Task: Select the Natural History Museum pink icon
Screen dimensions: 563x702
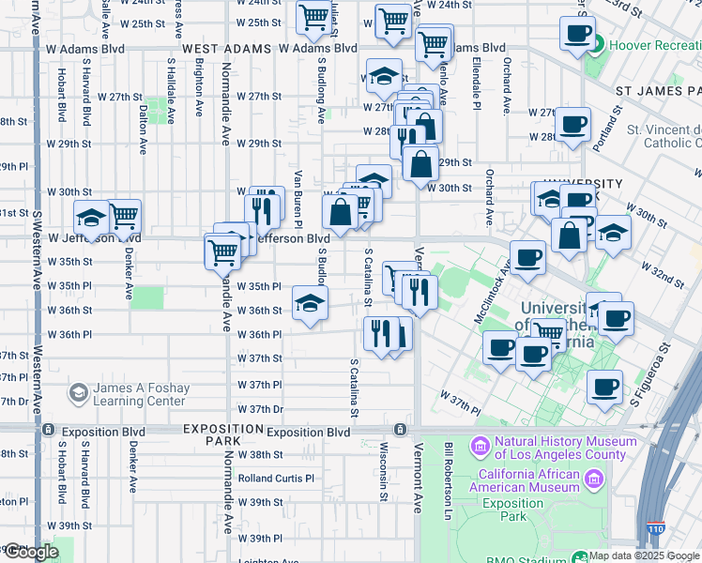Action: point(481,444)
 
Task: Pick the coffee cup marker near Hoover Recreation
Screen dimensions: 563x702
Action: point(578,34)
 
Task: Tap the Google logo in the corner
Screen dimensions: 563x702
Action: point(31,552)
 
